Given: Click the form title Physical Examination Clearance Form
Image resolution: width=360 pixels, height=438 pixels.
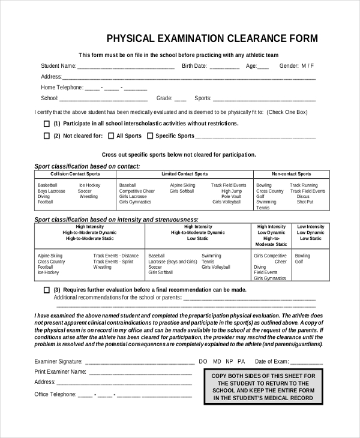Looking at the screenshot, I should tap(212, 40).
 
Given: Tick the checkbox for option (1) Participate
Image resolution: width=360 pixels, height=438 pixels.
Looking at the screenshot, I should tap(47, 124).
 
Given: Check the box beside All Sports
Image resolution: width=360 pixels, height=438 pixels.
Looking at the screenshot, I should tap(110, 136).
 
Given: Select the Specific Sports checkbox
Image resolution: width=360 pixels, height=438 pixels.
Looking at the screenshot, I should tap(150, 136).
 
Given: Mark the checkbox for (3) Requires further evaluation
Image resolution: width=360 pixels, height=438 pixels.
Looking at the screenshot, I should tap(47, 289).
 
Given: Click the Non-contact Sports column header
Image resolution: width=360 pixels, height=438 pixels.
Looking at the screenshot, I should tap(291, 174).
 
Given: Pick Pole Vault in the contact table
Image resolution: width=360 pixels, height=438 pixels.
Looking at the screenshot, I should tap(231, 197).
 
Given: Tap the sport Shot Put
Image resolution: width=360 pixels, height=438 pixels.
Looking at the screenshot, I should tap(305, 202).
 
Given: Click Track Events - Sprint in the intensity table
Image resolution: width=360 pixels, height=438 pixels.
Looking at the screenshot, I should tap(113, 262).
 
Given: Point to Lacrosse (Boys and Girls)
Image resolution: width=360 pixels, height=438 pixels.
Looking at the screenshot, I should tap(172, 262).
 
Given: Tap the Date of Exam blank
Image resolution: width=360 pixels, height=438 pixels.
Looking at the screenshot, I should tap(306, 363).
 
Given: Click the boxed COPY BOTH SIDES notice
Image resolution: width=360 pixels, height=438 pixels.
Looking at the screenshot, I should tap(263, 386).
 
